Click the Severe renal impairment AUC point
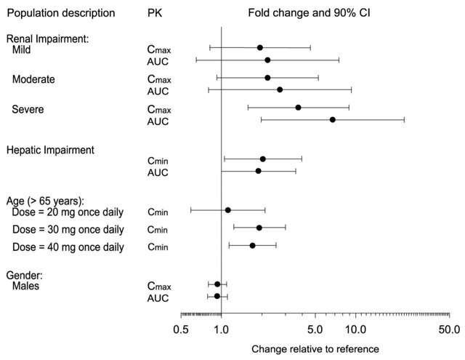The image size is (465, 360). [x=332, y=119]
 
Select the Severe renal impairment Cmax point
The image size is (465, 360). [x=298, y=107]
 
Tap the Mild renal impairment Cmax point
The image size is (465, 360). [x=259, y=47]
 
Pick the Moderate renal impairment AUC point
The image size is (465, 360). [x=280, y=89]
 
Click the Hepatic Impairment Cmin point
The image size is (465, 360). [x=262, y=159]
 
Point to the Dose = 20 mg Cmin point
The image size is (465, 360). [x=227, y=210]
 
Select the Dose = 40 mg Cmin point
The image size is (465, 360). [x=252, y=246]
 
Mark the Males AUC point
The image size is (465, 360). [x=217, y=296]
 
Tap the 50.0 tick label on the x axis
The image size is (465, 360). [x=449, y=329]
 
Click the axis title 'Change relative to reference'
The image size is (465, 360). [x=315, y=349]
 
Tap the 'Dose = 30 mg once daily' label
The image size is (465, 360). [x=68, y=229]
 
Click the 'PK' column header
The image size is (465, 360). [x=154, y=13]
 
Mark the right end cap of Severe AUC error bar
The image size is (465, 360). [x=404, y=119]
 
